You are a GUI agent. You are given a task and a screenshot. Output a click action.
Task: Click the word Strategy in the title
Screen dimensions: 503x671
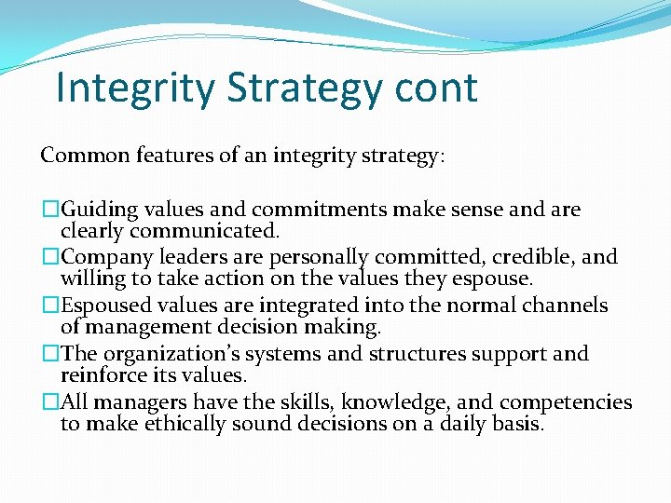click(x=303, y=88)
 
